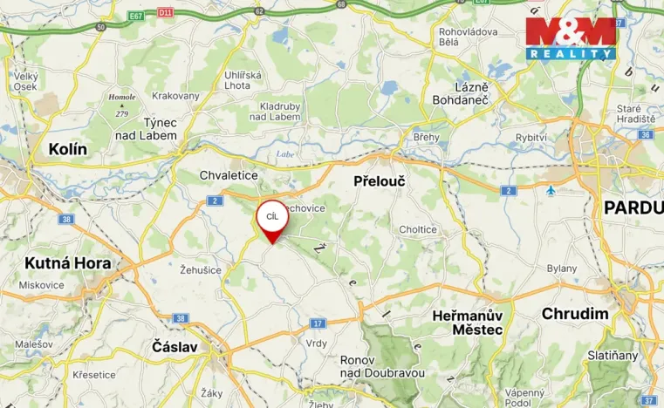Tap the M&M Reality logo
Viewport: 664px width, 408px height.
[571, 38]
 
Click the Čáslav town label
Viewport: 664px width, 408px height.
[175, 347]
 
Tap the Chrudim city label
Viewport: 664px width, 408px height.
[574, 314]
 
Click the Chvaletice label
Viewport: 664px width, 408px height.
[229, 175]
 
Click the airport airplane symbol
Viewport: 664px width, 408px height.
[550, 189]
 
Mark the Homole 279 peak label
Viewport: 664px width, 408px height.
[121, 105]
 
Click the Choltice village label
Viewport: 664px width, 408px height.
[418, 229]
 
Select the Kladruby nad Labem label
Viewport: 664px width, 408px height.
[280, 111]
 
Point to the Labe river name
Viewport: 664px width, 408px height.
[285, 154]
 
